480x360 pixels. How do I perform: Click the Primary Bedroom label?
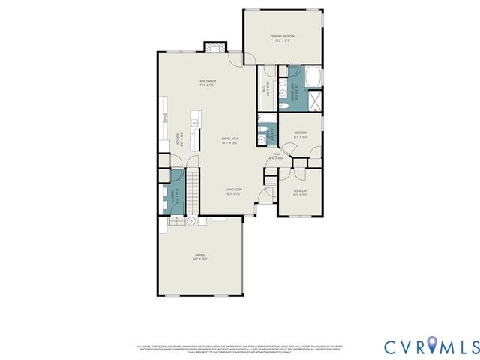(283, 38)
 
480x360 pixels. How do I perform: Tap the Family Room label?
(207, 83)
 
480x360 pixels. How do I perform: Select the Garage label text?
(200, 257)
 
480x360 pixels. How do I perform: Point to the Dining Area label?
(229, 140)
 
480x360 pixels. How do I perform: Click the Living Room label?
(234, 192)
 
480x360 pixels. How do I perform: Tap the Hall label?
(277, 155)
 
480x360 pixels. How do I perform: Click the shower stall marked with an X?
(316, 100)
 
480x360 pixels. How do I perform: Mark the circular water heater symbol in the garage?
(190, 222)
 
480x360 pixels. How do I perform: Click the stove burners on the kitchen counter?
(163, 116)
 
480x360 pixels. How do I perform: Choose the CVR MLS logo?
(430, 346)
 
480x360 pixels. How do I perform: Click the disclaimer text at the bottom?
(240, 347)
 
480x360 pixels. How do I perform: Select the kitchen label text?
(178, 139)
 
